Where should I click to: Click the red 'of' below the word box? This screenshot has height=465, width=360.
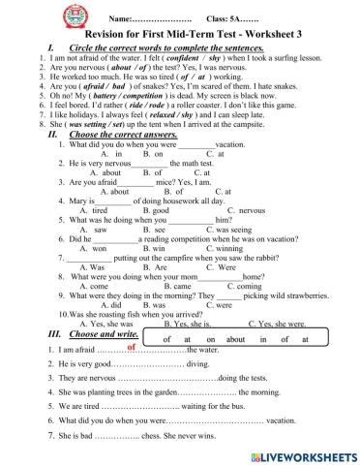coord(131,345)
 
